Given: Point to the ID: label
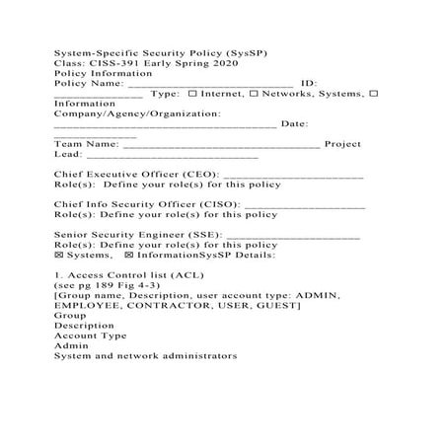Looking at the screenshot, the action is (308, 83).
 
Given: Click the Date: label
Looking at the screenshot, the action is (294, 124).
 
